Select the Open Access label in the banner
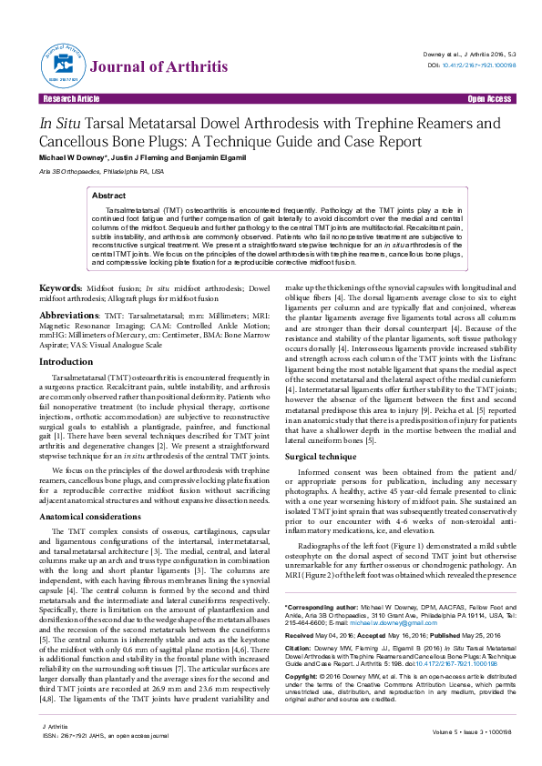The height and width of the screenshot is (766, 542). tap(488, 98)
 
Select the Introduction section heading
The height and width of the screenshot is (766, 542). tap(72, 362)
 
